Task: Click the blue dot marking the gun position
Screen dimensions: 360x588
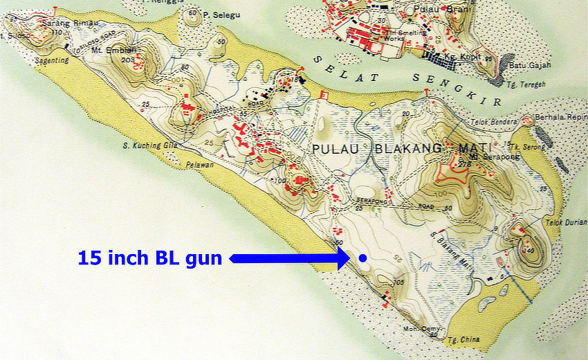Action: pyautogui.click(x=362, y=258)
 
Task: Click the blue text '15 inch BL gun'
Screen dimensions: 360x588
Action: pyautogui.click(x=150, y=258)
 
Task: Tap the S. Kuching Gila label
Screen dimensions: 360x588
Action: pyautogui.click(x=141, y=146)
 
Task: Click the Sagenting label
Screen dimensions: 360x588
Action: pyautogui.click(x=52, y=60)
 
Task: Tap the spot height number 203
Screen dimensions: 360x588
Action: pyautogui.click(x=126, y=60)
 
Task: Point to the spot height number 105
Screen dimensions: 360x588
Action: pyautogui.click(x=398, y=282)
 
